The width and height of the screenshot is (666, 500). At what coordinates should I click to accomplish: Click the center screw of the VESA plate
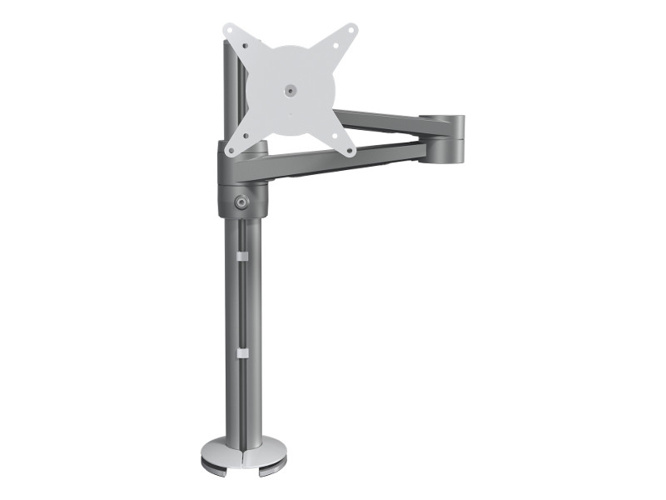click(290, 90)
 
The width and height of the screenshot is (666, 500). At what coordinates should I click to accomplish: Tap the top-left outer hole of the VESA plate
click(230, 30)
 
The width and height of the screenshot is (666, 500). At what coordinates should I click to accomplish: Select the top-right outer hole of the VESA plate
click(350, 30)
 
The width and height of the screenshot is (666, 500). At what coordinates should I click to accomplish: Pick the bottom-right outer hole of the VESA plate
click(350, 150)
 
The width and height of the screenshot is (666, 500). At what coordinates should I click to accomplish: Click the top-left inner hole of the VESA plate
click(246, 46)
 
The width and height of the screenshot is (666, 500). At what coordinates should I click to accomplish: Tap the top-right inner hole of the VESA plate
click(335, 46)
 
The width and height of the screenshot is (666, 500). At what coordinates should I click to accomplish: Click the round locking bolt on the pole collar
click(242, 201)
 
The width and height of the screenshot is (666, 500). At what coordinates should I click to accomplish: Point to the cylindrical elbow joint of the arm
click(442, 137)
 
